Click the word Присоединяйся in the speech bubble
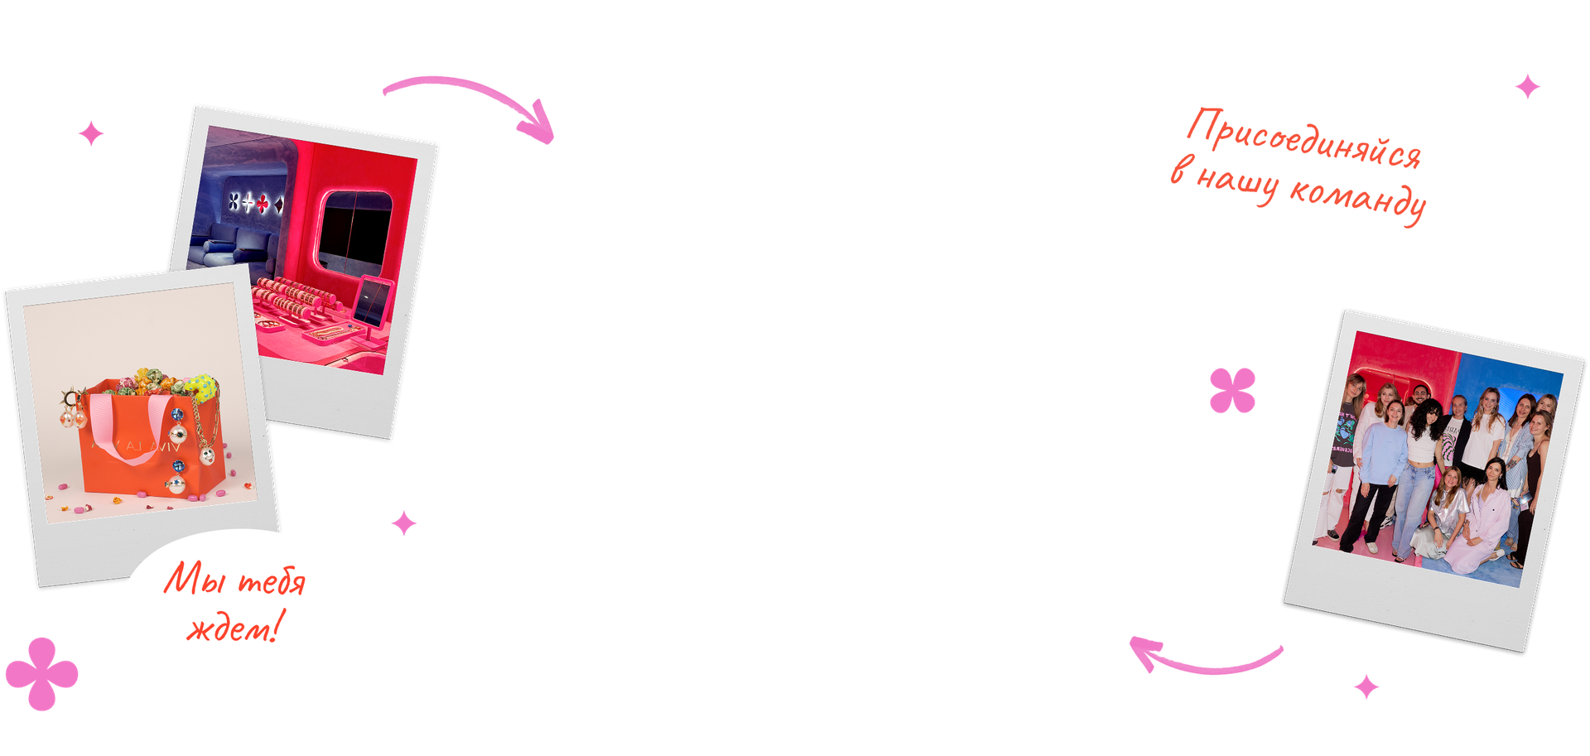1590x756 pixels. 1303,139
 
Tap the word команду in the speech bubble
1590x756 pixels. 1358,198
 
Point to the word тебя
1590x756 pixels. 271,581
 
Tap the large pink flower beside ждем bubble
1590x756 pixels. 41,673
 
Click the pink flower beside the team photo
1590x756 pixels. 1232,390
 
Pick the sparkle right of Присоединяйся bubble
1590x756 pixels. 1528,86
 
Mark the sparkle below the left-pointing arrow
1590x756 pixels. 1366,686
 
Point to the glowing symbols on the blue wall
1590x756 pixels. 256,202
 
